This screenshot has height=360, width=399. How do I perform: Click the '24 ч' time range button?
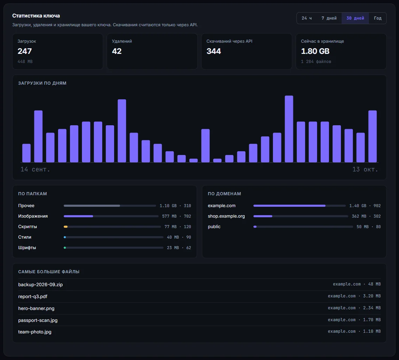(307, 18)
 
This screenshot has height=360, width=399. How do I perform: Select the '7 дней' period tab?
(329, 18)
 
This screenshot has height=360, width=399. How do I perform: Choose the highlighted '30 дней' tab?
(355, 18)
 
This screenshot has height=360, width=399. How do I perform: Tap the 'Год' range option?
(378, 18)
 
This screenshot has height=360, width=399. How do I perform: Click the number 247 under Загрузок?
(25, 51)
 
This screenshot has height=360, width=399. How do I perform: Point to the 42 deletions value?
(117, 51)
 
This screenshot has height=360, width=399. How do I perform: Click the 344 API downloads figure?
(214, 51)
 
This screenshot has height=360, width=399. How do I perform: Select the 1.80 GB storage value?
(315, 51)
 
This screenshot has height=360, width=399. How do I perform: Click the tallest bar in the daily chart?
(289, 129)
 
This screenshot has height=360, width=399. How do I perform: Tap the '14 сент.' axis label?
(35, 169)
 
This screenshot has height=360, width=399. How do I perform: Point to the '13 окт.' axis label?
(365, 169)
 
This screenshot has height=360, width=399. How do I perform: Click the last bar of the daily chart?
(372, 136)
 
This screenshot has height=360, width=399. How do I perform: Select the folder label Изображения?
(33, 216)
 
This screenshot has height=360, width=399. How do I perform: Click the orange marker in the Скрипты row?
(66, 227)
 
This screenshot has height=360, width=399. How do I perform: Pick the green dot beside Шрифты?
(65, 248)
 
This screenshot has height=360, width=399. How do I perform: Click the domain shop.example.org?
(226, 216)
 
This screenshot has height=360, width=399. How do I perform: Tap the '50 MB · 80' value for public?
(369, 227)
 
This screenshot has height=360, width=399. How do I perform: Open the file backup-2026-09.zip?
(41, 284)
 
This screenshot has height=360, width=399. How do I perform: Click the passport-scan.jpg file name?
(38, 320)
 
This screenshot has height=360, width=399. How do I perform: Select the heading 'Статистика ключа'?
(36, 16)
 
